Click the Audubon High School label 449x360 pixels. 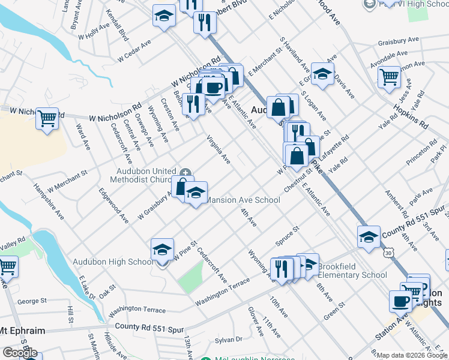tap(113, 262)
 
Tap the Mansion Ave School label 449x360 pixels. tap(243, 200)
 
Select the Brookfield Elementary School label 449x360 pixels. tap(352, 271)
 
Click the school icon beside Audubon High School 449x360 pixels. tap(162, 250)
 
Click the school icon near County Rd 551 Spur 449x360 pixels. tap(369, 236)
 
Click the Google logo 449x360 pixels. tap(20, 353)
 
